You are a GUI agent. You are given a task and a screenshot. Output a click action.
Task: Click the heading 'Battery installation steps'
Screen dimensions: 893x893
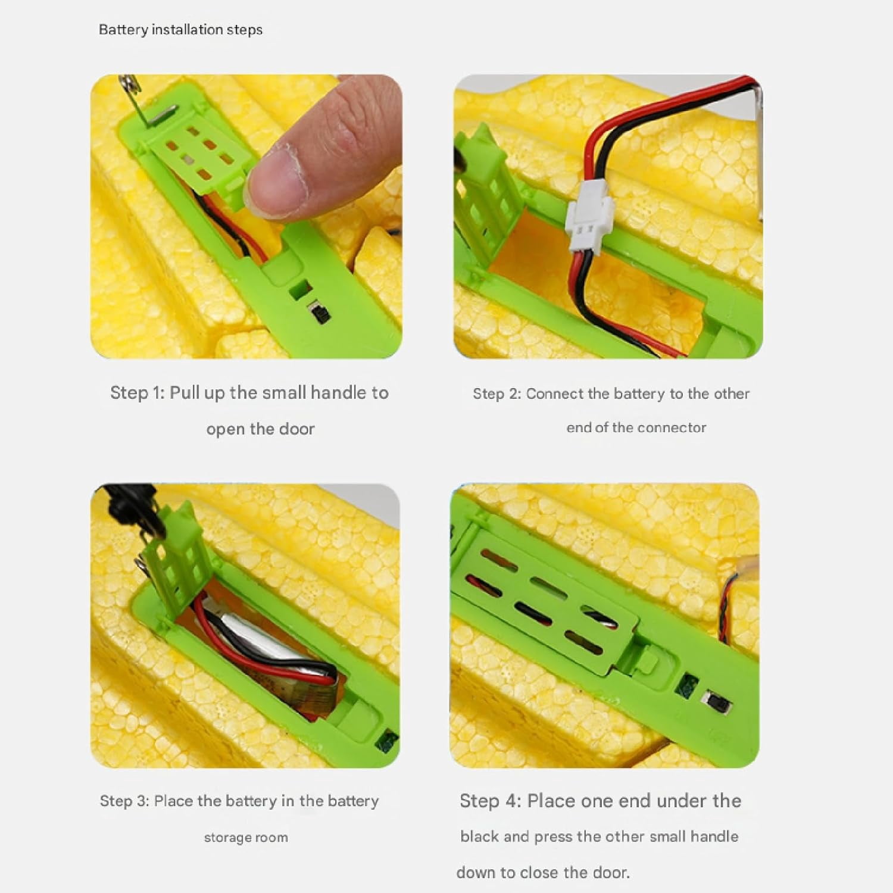[x=180, y=30]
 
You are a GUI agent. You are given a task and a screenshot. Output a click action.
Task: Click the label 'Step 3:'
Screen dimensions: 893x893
[x=124, y=801]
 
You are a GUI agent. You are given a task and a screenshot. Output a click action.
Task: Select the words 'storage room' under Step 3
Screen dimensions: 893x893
[x=246, y=837]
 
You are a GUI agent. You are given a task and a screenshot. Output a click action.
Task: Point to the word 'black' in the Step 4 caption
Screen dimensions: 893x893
[x=479, y=836]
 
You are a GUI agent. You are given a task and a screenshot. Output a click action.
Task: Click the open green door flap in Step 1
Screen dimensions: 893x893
[x=199, y=155]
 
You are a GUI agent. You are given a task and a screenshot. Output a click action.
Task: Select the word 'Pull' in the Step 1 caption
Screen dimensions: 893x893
[x=184, y=392]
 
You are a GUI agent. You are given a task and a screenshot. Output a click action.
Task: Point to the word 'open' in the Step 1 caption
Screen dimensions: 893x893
[x=226, y=429]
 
